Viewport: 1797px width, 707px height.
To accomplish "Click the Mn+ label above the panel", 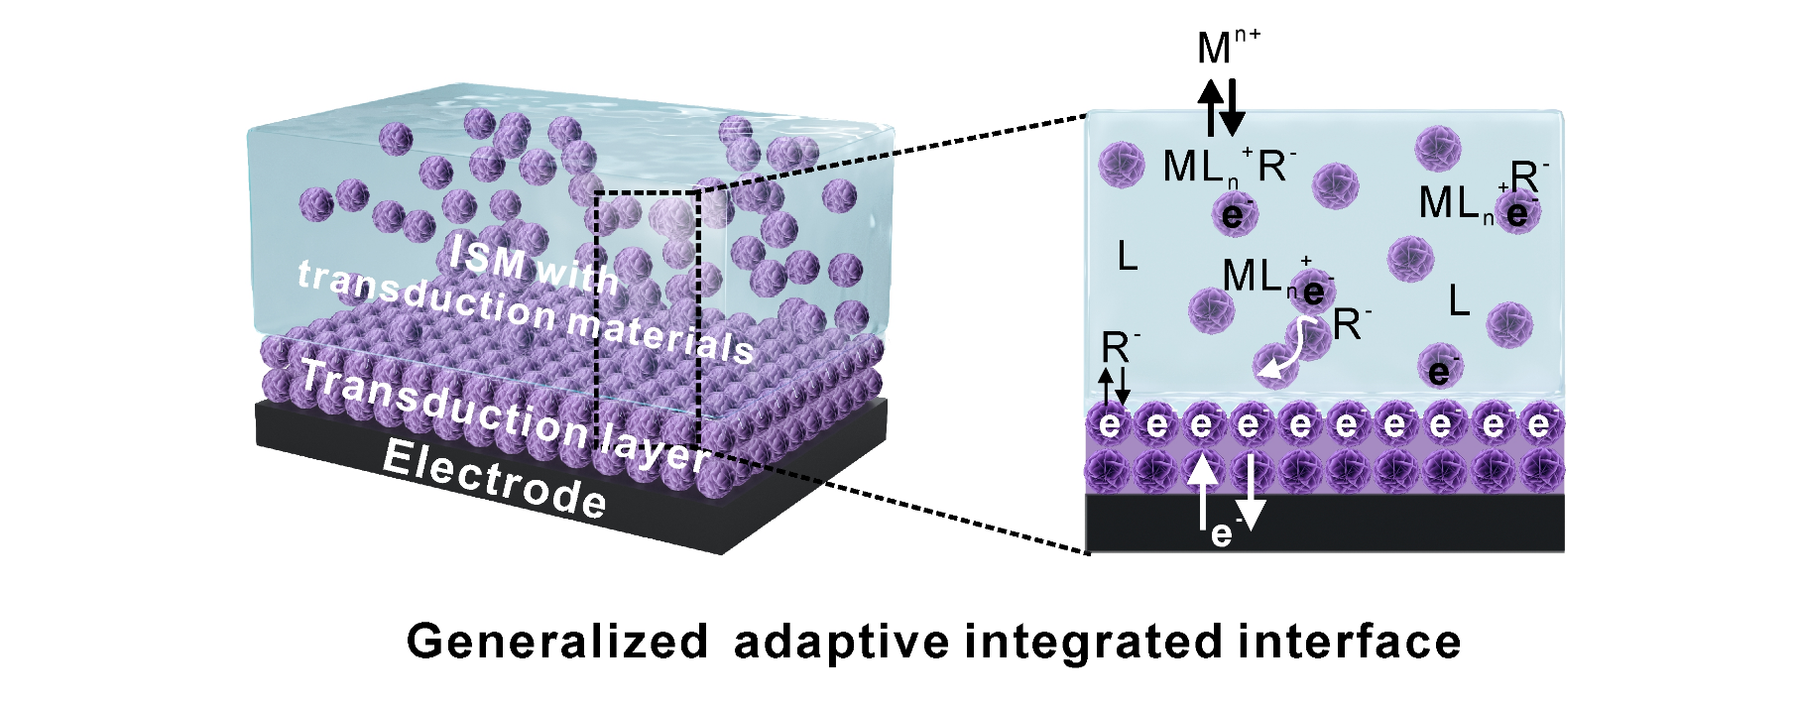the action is coord(1229,47).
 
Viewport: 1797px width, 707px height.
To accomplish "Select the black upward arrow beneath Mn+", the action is coord(1211,107).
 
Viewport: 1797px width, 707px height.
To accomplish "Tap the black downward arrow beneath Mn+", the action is coord(1232,107).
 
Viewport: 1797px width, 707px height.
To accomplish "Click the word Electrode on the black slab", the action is coord(494,481).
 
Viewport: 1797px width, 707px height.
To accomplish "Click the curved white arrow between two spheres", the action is coord(1278,356).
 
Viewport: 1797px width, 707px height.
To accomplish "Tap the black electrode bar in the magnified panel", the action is coord(1326,523).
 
